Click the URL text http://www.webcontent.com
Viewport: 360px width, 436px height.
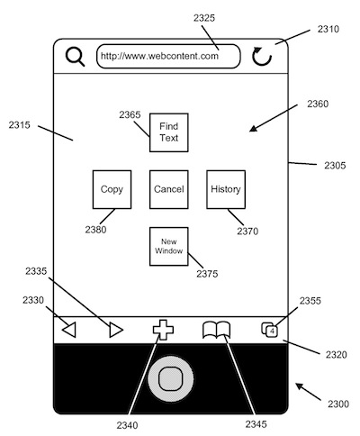tap(159, 56)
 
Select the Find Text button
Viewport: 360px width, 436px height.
tap(169, 132)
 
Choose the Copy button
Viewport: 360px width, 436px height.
tap(112, 189)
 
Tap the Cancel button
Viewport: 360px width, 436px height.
tap(169, 189)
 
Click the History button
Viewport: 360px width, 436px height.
tap(226, 189)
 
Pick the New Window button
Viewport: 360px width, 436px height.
tap(169, 246)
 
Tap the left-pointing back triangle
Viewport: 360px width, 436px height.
tap(69, 330)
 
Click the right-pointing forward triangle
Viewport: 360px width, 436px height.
tap(116, 330)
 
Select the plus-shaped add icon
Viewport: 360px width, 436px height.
tap(163, 330)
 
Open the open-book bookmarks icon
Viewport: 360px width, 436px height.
tap(217, 330)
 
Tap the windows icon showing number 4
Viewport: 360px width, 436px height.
tap(269, 330)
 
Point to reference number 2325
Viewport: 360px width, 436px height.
tap(204, 18)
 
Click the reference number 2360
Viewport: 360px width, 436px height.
tap(318, 104)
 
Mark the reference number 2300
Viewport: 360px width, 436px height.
tap(338, 404)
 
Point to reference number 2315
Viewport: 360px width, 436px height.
tap(20, 125)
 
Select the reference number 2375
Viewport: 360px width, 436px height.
tap(207, 274)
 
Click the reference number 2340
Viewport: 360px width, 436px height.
tap(128, 425)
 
